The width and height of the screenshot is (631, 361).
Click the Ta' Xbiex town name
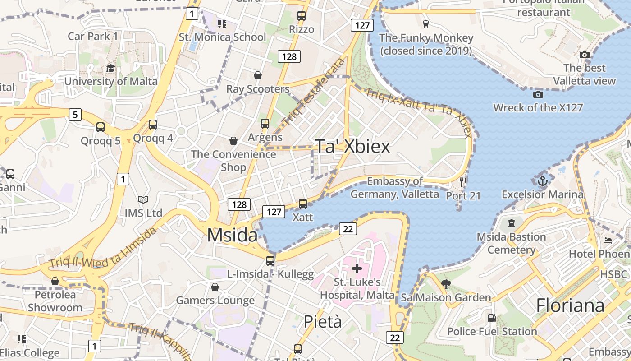coord(352,146)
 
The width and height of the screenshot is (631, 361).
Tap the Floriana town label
coord(570,305)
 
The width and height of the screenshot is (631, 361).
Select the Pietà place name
coord(322,322)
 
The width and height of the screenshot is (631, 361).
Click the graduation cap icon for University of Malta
coord(110,68)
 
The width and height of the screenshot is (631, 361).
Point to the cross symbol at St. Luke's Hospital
coord(357,269)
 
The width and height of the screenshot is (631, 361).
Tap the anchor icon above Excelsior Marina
coord(543,181)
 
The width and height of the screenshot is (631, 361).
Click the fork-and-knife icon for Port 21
coord(463,182)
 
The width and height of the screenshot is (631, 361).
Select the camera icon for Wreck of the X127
coord(538,94)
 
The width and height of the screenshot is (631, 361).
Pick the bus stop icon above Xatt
coord(303,204)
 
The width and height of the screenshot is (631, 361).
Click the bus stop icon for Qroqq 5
coord(101,127)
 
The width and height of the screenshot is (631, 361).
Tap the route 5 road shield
coord(75,115)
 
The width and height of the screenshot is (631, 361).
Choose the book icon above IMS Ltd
coord(143,199)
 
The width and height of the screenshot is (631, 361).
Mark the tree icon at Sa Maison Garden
coord(446,284)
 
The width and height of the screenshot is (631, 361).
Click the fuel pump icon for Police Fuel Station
coord(492,318)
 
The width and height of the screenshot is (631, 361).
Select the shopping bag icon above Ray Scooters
coord(257,75)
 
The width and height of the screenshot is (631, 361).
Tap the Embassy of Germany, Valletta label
coord(395,188)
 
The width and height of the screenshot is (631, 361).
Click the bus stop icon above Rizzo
coord(302,16)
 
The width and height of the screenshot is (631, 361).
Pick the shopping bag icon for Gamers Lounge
coord(215,287)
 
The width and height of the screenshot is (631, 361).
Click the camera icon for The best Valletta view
coord(585,55)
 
